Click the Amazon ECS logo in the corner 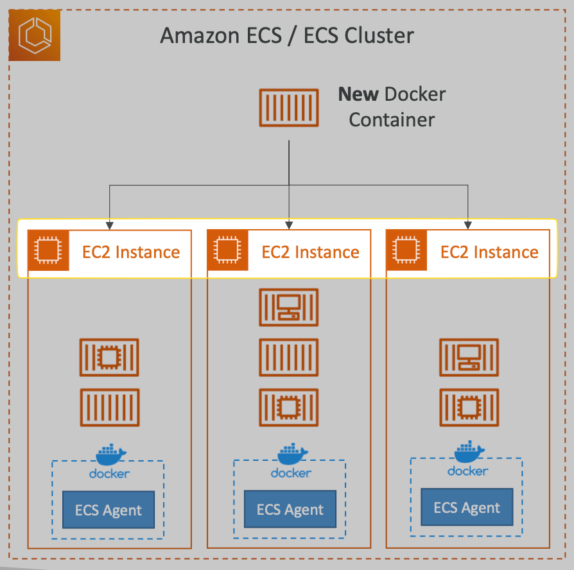[35, 35]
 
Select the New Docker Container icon [289, 107]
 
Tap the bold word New [358, 94]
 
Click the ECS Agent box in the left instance [109, 510]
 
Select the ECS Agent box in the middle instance [290, 509]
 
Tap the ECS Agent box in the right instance [467, 507]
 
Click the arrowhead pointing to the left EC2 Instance [110, 225]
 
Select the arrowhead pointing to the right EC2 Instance [468, 225]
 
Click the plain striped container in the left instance [109, 407]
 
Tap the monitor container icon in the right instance [469, 357]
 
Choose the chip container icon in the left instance [109, 357]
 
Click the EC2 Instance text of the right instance [489, 252]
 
